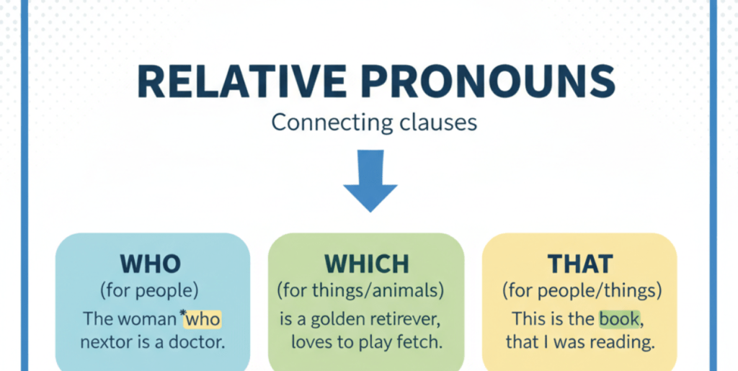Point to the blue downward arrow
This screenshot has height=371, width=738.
click(x=370, y=181)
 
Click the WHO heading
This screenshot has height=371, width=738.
click(x=151, y=264)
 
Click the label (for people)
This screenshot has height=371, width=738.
click(x=149, y=292)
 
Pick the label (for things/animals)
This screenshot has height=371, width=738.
click(x=361, y=292)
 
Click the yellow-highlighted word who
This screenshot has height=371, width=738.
click(x=203, y=319)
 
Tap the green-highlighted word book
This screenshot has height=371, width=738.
click(x=619, y=319)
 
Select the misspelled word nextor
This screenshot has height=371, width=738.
click(x=104, y=343)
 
